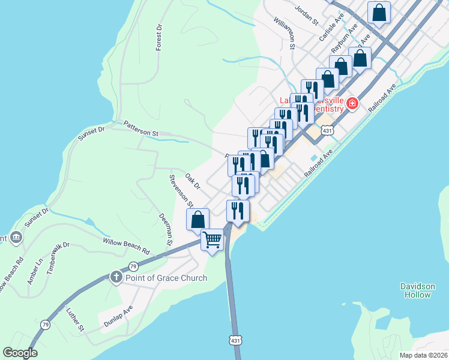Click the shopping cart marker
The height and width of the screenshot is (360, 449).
point(212,240)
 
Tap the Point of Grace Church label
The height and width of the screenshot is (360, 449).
point(166,278)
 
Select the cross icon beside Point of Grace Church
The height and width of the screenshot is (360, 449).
point(116,277)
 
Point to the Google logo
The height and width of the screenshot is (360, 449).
point(20,353)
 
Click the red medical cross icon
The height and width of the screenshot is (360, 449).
point(351,104)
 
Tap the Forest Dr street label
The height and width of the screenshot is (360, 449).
point(159,37)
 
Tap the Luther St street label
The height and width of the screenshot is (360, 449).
point(75,319)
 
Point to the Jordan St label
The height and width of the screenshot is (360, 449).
point(306,16)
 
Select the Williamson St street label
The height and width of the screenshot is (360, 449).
point(285,33)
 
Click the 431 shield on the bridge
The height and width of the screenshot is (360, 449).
point(235,341)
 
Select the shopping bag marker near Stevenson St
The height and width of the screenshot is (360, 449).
point(198,220)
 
